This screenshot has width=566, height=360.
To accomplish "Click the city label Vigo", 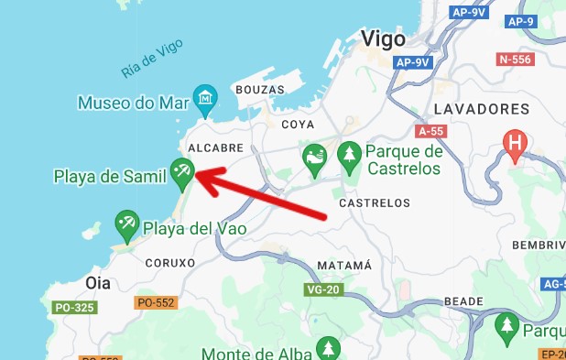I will coord(384,38).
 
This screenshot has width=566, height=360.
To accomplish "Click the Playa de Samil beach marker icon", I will coord(181,169).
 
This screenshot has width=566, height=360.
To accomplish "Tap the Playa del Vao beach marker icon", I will coord(126,223).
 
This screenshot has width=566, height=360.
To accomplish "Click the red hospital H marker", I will coord(516,143).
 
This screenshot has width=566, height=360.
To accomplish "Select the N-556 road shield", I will coord(515,59).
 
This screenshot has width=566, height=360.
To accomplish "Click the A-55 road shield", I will coord(430,131).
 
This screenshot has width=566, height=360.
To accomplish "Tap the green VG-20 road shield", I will coord(322,289).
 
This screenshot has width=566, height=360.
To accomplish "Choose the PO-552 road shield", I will coord(153,302).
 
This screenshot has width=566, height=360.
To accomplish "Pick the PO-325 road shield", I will coord(74,308).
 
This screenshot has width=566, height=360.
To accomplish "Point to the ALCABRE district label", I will coord(214,147).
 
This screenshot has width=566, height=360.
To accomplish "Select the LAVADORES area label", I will coord(481,109).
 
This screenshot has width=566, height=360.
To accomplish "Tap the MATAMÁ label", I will coord(343,266).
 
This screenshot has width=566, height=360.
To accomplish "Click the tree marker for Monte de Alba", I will coord(327,348).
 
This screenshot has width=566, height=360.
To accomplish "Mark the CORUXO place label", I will coord(170,262).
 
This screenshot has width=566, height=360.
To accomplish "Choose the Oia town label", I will coord(97,283).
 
